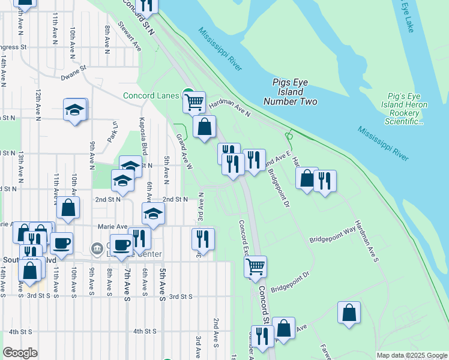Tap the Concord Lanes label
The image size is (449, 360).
click(151, 95)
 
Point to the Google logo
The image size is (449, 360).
click(20, 353)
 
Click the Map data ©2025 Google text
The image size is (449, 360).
click(412, 355)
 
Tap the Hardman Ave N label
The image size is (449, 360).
click(229, 106)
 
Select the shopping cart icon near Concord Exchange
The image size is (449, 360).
click(256, 265)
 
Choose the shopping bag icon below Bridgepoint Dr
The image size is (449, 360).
click(349, 312)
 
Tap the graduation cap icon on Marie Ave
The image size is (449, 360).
click(154, 213)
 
